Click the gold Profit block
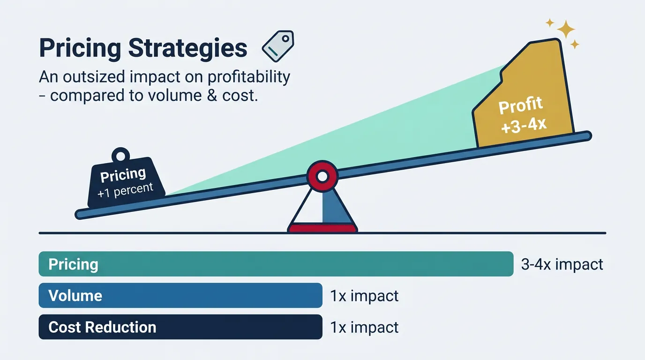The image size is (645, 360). pyautogui.click(x=525, y=101)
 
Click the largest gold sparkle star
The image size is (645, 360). pyautogui.click(x=565, y=30)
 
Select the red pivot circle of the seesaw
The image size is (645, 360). pyautogui.click(x=322, y=176)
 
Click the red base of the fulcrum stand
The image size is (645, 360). pyautogui.click(x=322, y=229)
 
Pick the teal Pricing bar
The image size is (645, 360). pyautogui.click(x=276, y=264)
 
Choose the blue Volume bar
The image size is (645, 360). pyautogui.click(x=180, y=296)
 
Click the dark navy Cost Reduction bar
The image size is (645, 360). pyautogui.click(x=180, y=327)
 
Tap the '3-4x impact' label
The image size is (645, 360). pyautogui.click(x=562, y=264)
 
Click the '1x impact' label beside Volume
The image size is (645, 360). pyautogui.click(x=364, y=296)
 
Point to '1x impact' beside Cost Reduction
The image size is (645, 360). pyautogui.click(x=364, y=327)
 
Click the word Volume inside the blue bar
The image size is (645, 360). pyautogui.click(x=75, y=296)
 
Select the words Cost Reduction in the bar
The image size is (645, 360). pyautogui.click(x=102, y=327)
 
